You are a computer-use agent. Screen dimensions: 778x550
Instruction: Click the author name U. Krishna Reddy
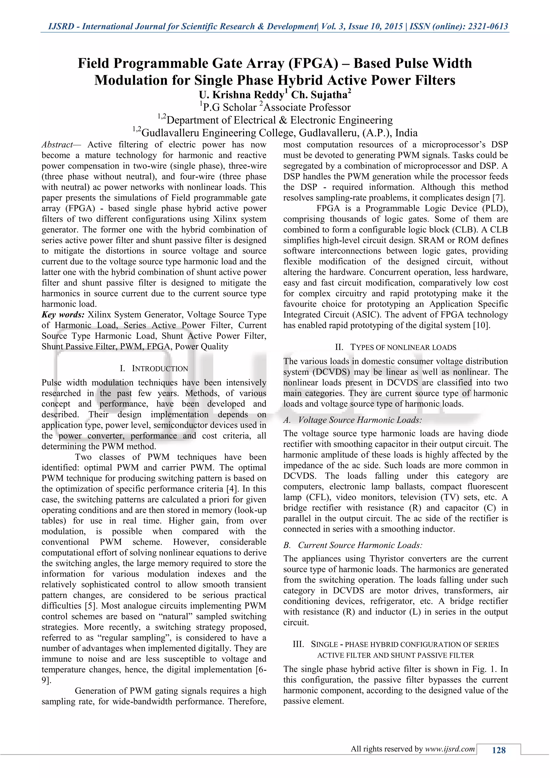[x=241, y=95]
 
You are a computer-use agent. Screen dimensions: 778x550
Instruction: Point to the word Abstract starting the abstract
[x=57, y=145]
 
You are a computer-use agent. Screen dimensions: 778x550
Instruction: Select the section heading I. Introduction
[x=154, y=368]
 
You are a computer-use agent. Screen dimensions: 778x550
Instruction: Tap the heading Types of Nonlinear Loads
[x=396, y=347]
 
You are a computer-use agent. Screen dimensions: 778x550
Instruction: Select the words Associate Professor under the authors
[x=307, y=107]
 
